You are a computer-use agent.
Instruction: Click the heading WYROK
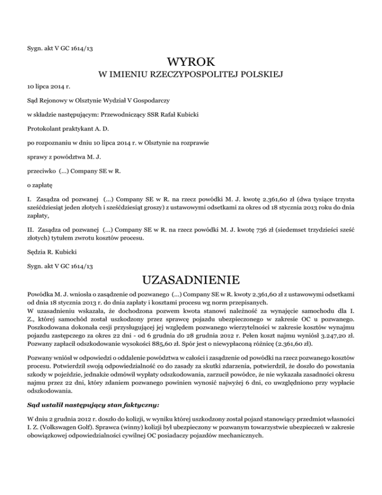coord(191,62)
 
